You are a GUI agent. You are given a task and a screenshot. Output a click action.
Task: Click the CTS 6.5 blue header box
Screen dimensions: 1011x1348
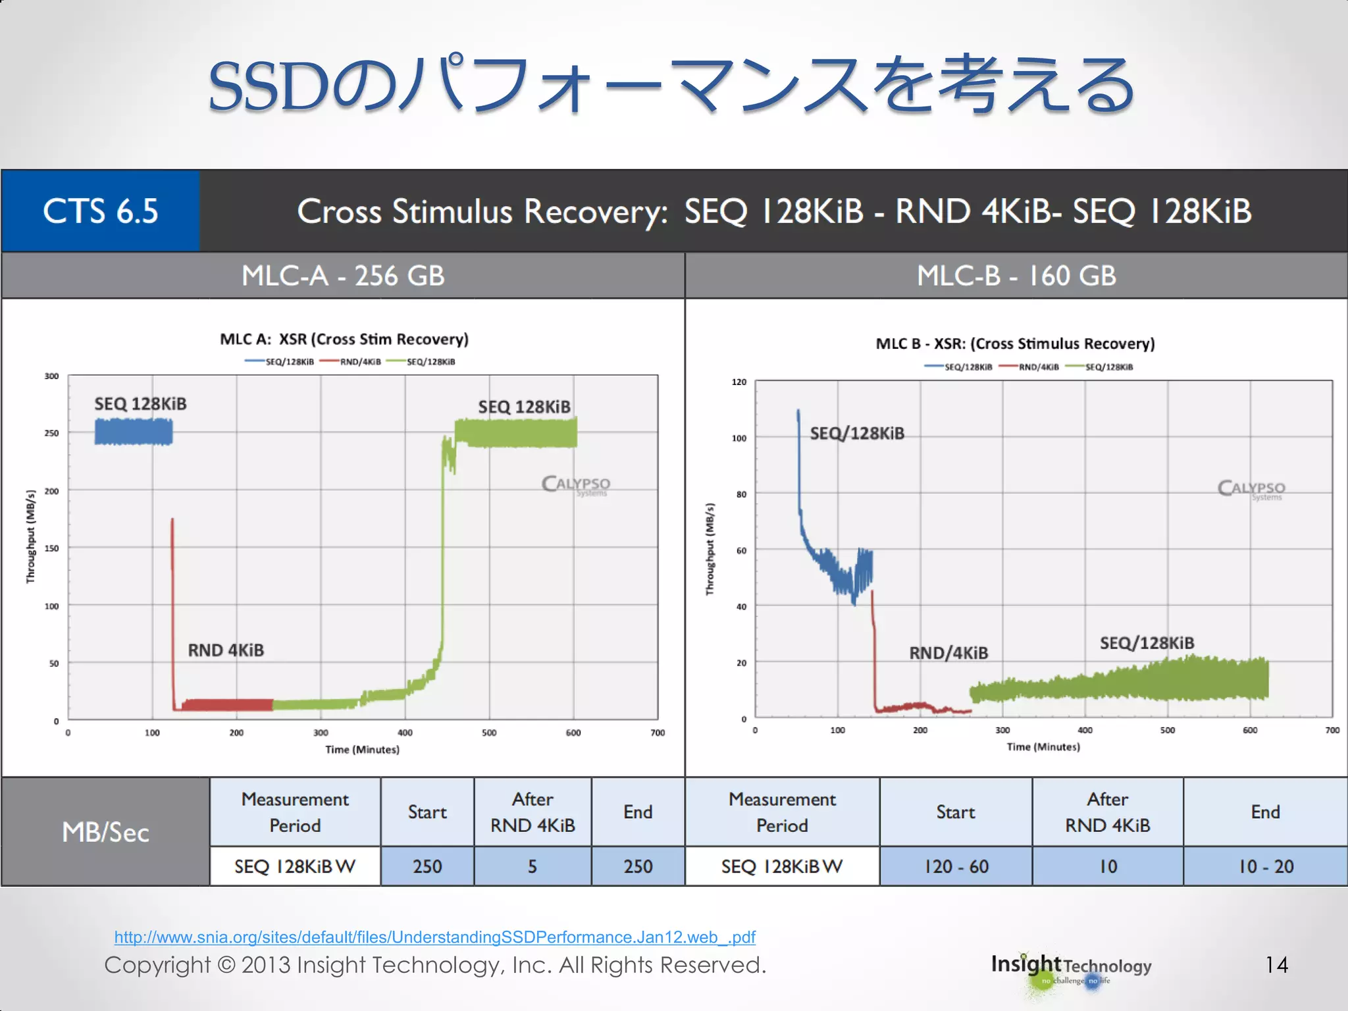coord(100,211)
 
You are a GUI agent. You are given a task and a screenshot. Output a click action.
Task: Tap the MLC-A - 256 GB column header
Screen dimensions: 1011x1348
coord(343,276)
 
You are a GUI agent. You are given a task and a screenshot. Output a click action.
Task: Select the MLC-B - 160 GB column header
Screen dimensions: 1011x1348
coord(1016,276)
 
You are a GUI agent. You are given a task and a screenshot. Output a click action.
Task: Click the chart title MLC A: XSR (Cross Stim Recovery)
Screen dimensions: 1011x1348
coord(344,339)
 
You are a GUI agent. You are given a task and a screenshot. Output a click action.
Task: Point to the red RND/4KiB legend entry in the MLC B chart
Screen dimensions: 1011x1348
coord(1029,367)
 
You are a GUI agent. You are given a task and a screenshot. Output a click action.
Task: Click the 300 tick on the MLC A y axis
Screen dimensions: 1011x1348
coord(51,376)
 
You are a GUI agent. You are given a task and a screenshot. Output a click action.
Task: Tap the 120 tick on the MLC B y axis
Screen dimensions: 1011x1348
coord(739,382)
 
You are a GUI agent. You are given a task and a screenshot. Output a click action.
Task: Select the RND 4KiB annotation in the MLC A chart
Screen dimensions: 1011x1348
coord(226,650)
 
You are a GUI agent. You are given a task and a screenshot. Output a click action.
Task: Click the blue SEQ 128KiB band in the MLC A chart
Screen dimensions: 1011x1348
coord(134,432)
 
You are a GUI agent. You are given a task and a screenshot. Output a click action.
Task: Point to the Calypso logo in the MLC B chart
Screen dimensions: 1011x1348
coord(1251,489)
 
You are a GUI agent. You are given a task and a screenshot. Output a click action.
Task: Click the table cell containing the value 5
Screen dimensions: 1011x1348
coord(532,866)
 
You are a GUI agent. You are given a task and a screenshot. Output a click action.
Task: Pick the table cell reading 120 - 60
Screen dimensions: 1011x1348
coord(956,866)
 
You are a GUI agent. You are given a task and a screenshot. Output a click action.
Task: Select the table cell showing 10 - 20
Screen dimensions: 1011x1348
coord(1265,866)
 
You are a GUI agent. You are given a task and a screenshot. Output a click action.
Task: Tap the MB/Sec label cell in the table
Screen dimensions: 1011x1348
coord(105,833)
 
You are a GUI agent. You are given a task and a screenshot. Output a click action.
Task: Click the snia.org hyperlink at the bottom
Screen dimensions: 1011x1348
coord(434,937)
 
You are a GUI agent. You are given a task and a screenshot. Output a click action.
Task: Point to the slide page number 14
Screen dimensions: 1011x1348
coord(1276,965)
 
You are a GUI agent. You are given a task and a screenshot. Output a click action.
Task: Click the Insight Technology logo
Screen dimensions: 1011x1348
coord(1071,968)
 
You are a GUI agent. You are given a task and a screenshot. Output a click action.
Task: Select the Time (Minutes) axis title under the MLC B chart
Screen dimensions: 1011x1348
coord(1043,747)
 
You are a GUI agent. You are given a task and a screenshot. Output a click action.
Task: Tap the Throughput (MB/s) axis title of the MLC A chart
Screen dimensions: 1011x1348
coord(30,536)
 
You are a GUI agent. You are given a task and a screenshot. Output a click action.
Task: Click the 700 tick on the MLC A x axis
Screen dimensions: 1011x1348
coord(658,733)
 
